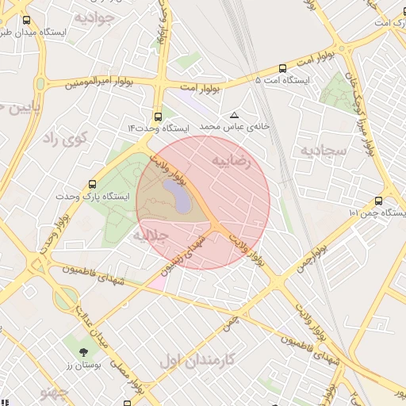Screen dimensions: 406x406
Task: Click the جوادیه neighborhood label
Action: click(x=96, y=17)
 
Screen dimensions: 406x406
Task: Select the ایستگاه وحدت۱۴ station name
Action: click(x=159, y=128)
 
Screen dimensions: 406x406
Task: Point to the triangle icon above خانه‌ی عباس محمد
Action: click(x=233, y=115)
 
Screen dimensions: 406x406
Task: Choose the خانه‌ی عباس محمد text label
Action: click(x=224, y=127)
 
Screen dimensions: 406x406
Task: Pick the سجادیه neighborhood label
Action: click(x=323, y=149)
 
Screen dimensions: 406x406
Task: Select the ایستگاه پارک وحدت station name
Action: click(x=87, y=196)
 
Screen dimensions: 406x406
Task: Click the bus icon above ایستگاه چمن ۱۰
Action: click(x=377, y=201)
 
